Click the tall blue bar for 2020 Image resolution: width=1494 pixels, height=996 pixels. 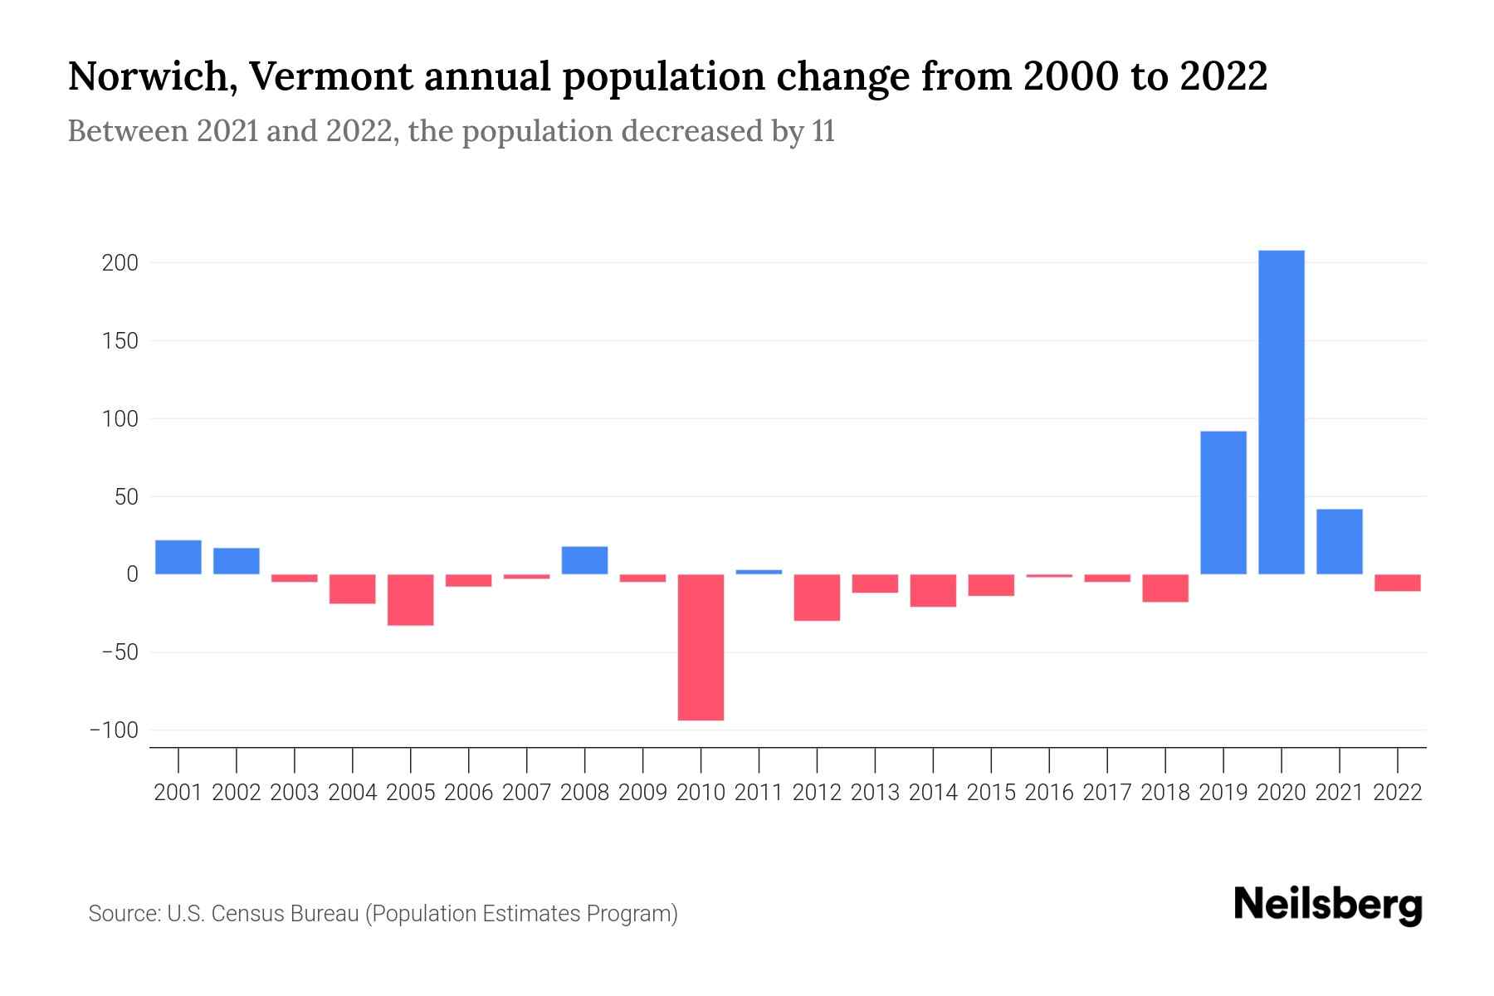(x=1281, y=413)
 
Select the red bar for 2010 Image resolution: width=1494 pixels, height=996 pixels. (x=701, y=647)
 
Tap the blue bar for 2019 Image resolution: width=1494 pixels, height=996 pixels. (x=1223, y=503)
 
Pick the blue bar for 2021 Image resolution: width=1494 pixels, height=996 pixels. (x=1339, y=542)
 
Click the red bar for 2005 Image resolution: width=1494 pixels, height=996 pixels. (x=410, y=599)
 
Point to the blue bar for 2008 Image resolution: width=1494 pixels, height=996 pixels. (x=584, y=560)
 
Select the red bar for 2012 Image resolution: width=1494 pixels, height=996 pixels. (x=817, y=598)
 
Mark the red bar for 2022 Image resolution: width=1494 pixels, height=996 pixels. (x=1397, y=583)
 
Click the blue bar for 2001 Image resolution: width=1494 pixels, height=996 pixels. (x=178, y=557)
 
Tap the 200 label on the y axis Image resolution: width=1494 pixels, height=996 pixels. (x=120, y=263)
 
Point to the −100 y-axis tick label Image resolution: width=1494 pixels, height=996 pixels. (x=114, y=730)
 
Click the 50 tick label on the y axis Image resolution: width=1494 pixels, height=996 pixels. (x=125, y=497)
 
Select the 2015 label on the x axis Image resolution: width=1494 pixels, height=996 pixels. (x=991, y=793)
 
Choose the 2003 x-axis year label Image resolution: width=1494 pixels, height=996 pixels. (x=295, y=793)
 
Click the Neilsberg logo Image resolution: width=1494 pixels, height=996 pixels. (x=1328, y=906)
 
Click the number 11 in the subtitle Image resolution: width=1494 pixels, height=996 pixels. (x=822, y=132)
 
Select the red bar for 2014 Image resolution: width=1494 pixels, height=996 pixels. (x=933, y=591)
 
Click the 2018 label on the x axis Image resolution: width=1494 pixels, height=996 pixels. (x=1164, y=793)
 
